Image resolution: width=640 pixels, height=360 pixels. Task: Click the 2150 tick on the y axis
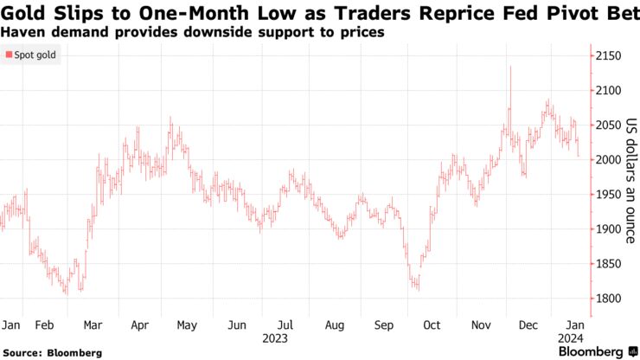(x=608, y=56)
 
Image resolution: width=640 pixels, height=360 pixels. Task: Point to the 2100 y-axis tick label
(x=608, y=91)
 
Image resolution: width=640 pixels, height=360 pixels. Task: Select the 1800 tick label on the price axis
(x=608, y=299)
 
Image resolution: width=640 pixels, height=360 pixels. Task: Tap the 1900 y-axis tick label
(x=608, y=229)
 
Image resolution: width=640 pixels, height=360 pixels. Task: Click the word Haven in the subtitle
(x=23, y=31)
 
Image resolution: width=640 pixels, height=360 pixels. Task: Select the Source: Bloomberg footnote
(x=51, y=352)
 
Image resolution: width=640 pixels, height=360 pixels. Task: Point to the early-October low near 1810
(x=417, y=286)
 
